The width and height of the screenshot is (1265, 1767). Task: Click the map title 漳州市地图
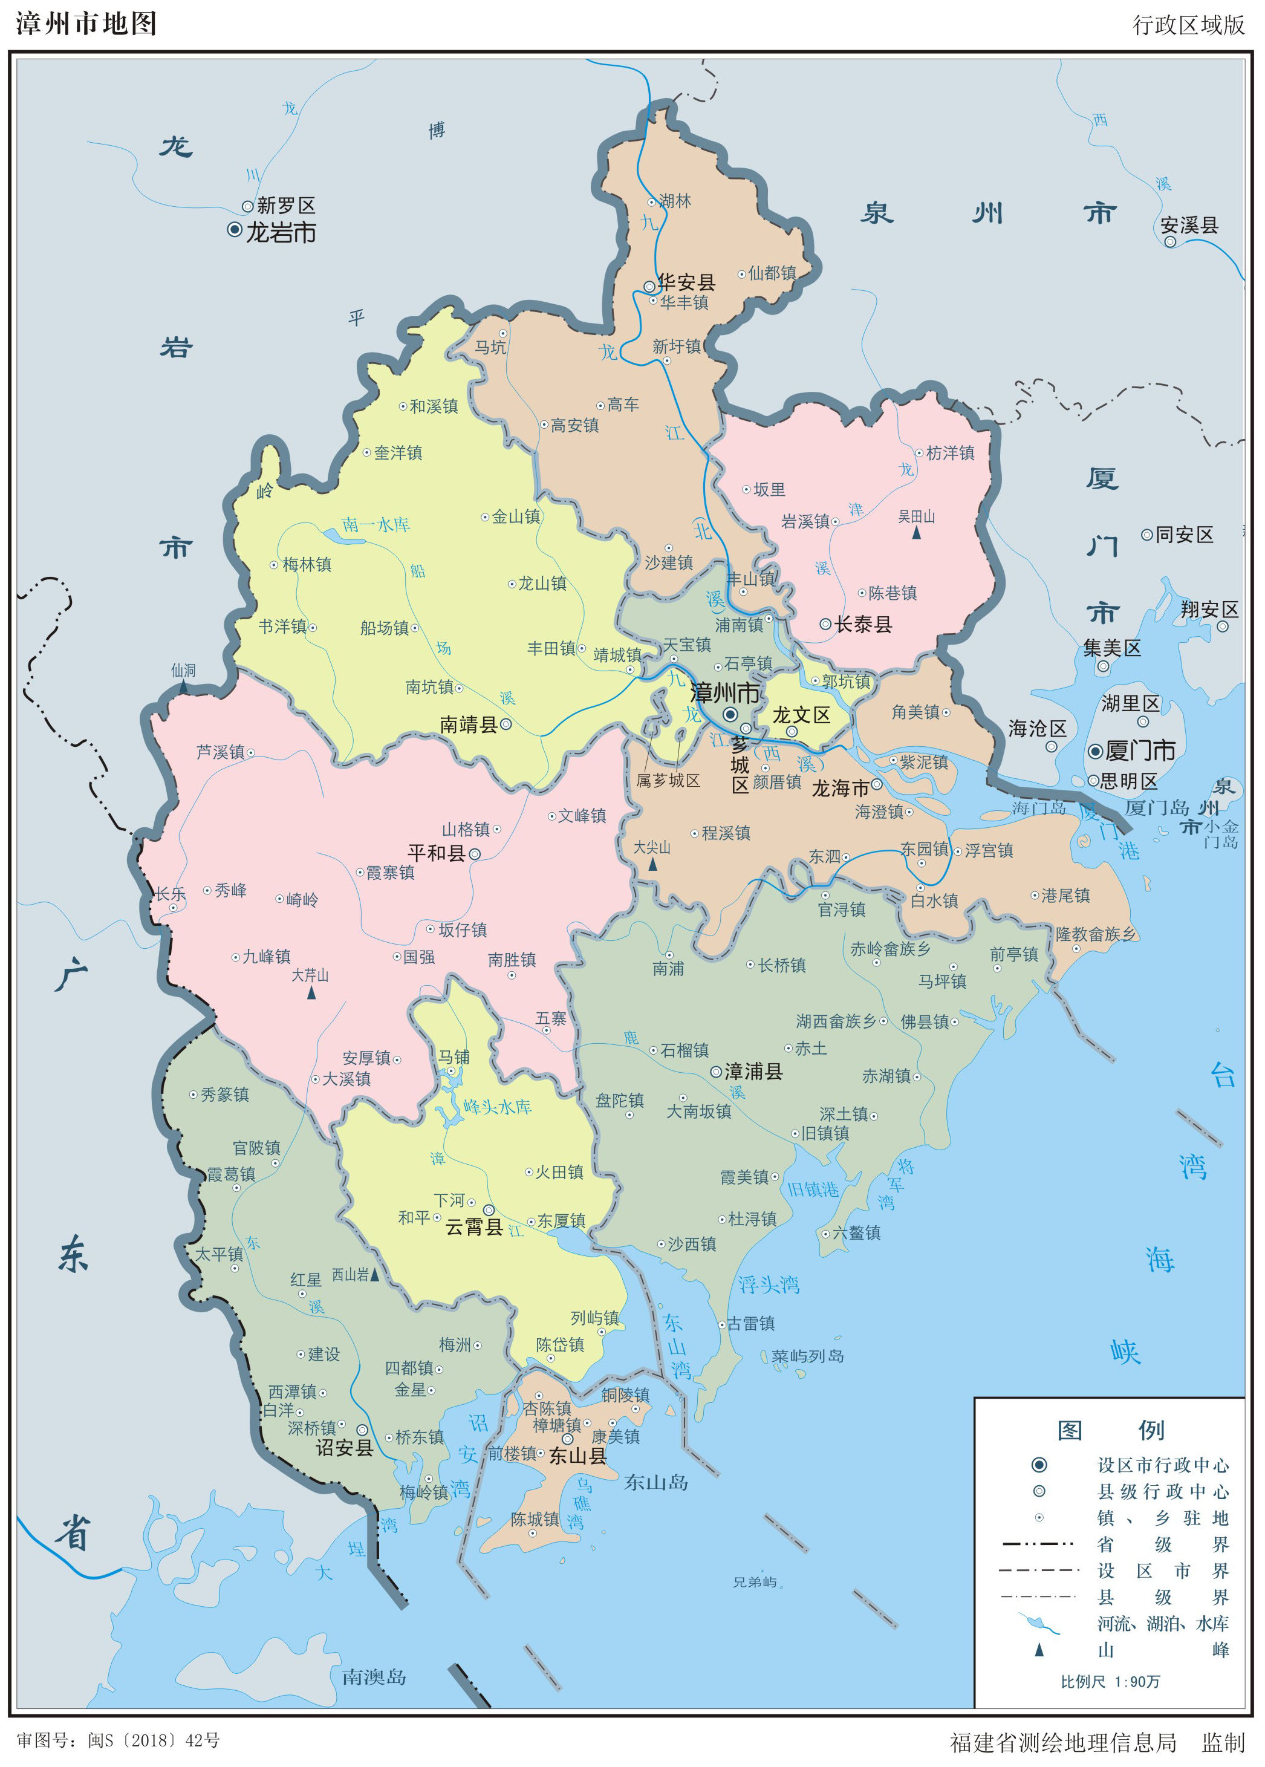click(x=86, y=24)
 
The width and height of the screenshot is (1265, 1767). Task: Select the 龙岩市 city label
click(x=281, y=232)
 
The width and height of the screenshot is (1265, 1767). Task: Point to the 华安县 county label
click(x=686, y=282)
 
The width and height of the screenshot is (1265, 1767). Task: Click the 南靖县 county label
click(x=468, y=725)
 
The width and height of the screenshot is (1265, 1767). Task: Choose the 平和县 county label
click(x=436, y=853)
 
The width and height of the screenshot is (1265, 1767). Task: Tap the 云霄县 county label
click(x=473, y=1226)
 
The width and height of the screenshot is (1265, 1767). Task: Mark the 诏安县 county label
click(x=344, y=1448)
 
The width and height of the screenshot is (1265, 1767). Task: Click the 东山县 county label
click(x=577, y=1456)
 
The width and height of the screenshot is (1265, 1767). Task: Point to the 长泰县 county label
click(x=863, y=625)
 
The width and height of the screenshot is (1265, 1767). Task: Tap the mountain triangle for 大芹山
click(x=311, y=993)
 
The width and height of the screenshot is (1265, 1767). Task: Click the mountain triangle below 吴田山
click(x=916, y=533)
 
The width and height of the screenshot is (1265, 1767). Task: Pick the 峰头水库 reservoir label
click(x=497, y=1107)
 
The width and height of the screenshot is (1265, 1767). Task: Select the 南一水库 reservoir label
click(x=376, y=525)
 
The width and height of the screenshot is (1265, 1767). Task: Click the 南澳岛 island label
click(x=374, y=1677)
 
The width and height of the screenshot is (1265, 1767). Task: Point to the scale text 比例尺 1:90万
click(x=1110, y=1681)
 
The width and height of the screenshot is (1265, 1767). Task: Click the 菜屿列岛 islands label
click(x=808, y=1356)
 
